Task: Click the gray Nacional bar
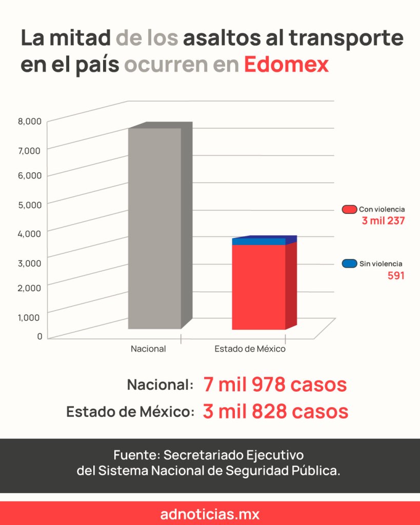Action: point(154,228)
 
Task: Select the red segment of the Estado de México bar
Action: point(258,287)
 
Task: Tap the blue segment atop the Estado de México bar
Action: point(258,241)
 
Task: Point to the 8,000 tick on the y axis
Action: point(30,122)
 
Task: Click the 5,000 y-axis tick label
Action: point(30,205)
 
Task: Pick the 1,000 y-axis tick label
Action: point(30,316)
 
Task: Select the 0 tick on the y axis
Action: point(39,336)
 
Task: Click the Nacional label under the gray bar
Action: point(148,349)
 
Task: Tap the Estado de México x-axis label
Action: point(250,349)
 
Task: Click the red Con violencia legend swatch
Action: point(349,209)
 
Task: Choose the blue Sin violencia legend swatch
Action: point(349,264)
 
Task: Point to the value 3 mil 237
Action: point(383,221)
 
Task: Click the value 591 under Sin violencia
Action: point(396,276)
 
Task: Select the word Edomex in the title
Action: point(286,65)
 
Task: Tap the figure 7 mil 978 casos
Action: point(275,385)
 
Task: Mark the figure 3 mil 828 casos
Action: point(275,411)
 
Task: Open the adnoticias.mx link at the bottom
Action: point(210,514)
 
